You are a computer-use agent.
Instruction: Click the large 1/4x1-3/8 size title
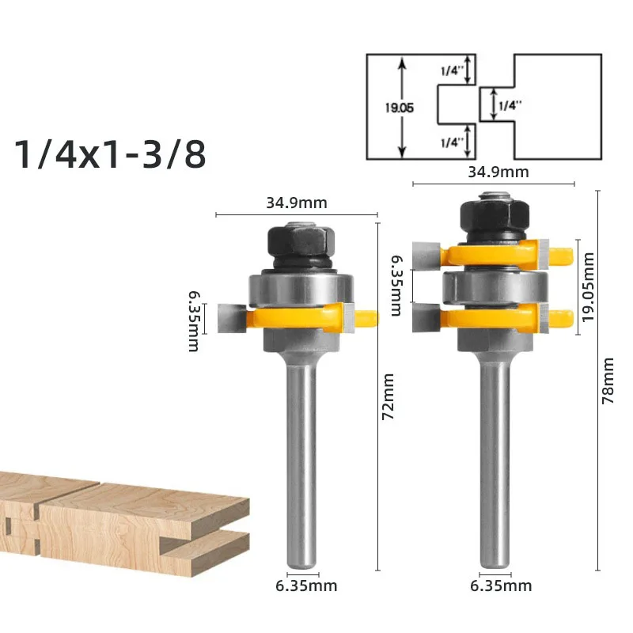(110, 154)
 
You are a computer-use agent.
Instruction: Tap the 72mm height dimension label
(388, 396)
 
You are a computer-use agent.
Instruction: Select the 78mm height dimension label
(608, 381)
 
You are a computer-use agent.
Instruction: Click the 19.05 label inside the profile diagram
(399, 108)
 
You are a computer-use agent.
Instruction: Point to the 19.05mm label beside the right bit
(588, 286)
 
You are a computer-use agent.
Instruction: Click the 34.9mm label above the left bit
(297, 203)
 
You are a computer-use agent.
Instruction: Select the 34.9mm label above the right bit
(498, 172)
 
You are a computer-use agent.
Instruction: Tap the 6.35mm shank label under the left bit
(306, 586)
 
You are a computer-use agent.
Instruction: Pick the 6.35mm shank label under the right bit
(501, 586)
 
